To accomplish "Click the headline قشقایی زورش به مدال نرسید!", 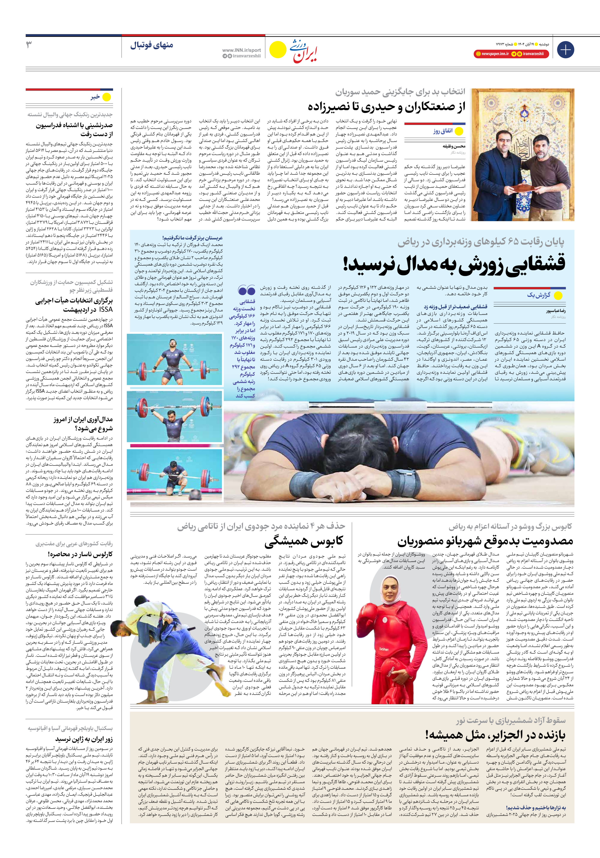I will tap(454, 264).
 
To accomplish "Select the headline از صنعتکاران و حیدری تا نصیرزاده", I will tap(386, 107).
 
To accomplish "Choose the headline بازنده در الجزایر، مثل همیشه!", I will tap(495, 735).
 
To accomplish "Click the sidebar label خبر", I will tap(95, 97).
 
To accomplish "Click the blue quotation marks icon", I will tap(246, 290).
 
